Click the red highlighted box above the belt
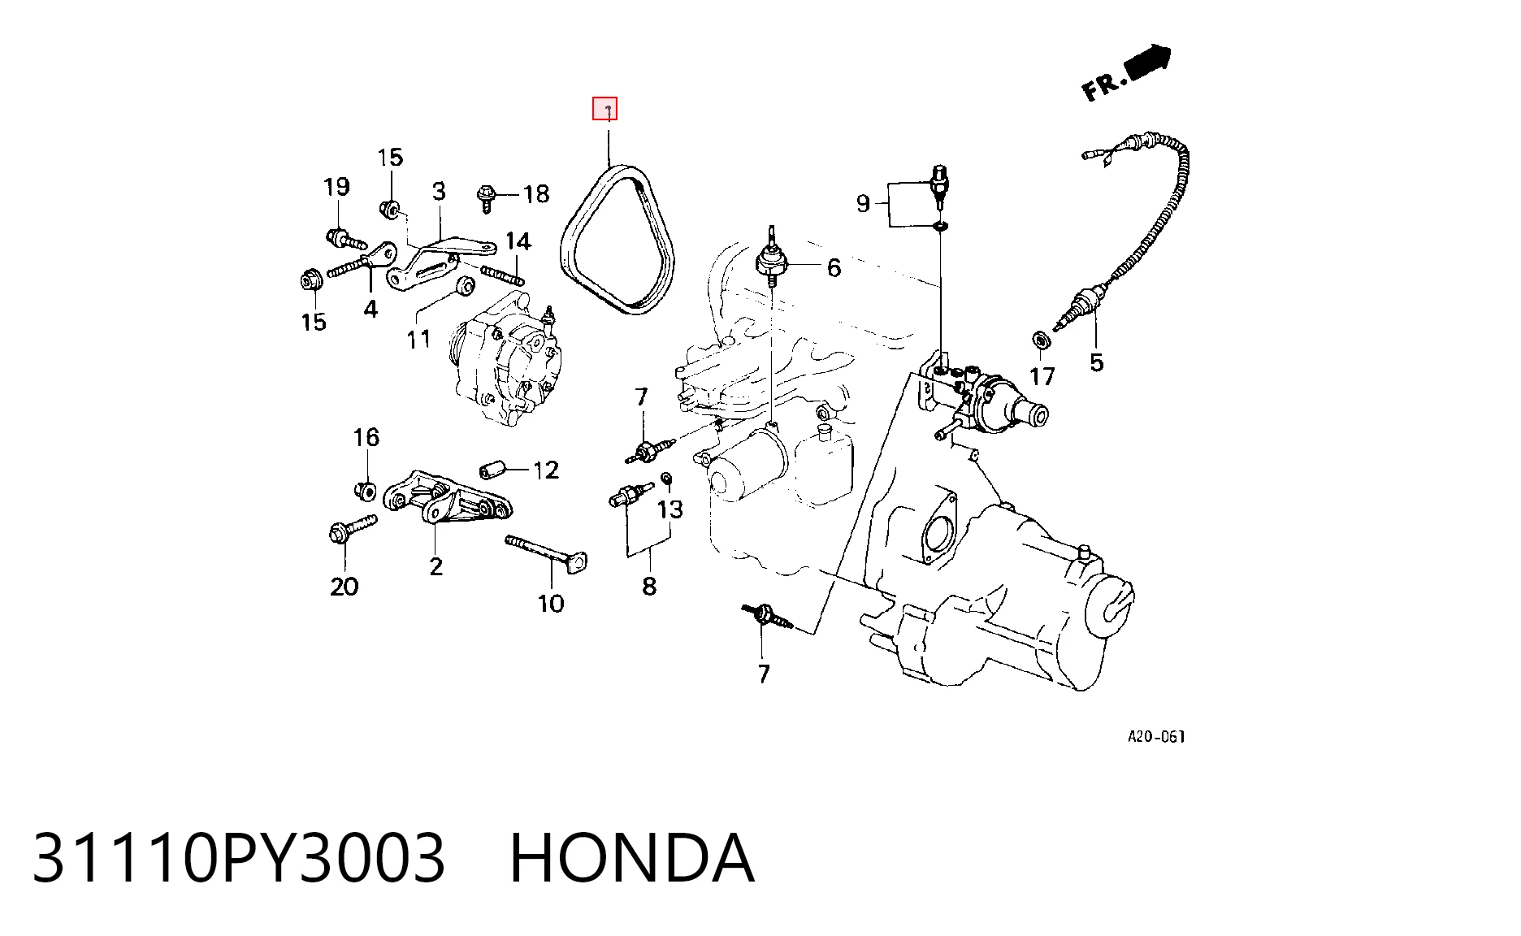click(604, 108)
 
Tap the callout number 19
click(336, 187)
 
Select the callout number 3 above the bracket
click(439, 191)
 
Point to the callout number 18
click(536, 193)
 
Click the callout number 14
click(518, 241)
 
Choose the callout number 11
click(418, 338)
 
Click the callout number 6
click(834, 267)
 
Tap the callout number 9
click(863, 203)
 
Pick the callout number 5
click(1096, 362)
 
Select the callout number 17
click(1042, 376)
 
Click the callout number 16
click(366, 437)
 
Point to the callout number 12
click(546, 470)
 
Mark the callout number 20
click(344, 586)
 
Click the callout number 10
click(551, 603)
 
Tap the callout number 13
click(670, 509)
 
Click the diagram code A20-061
click(1156, 737)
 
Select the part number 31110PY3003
click(239, 858)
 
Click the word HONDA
click(632, 858)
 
